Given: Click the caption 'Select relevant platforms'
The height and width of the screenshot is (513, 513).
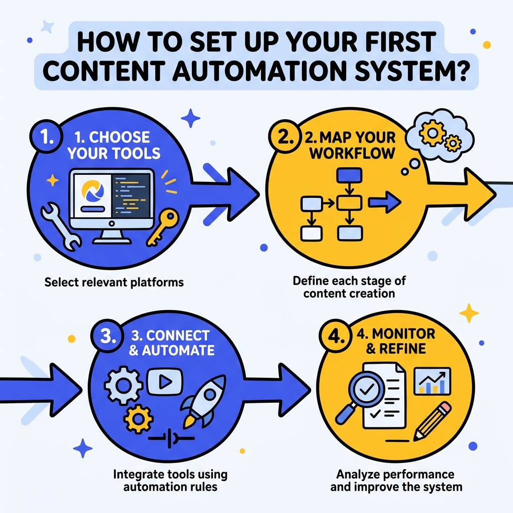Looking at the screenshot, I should click(114, 283).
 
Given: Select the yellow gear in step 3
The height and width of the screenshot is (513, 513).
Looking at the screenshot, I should click(134, 416).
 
